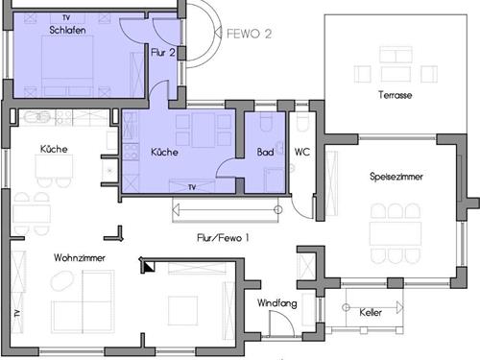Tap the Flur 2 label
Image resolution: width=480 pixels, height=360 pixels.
point(163,54)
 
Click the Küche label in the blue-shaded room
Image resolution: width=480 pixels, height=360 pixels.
point(165,153)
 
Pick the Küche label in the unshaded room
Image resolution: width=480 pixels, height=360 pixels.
point(53,149)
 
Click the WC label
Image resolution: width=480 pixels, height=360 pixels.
point(301,153)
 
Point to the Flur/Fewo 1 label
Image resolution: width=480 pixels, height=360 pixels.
point(220,237)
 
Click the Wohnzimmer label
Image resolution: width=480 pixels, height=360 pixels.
point(53,258)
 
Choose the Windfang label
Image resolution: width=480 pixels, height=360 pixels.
point(275,303)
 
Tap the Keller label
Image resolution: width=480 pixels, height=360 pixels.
point(371,313)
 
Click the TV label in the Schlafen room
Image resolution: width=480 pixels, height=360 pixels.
point(65,17)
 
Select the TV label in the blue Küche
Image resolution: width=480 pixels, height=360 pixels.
point(193,186)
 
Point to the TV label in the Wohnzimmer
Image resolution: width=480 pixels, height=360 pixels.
point(16,315)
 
